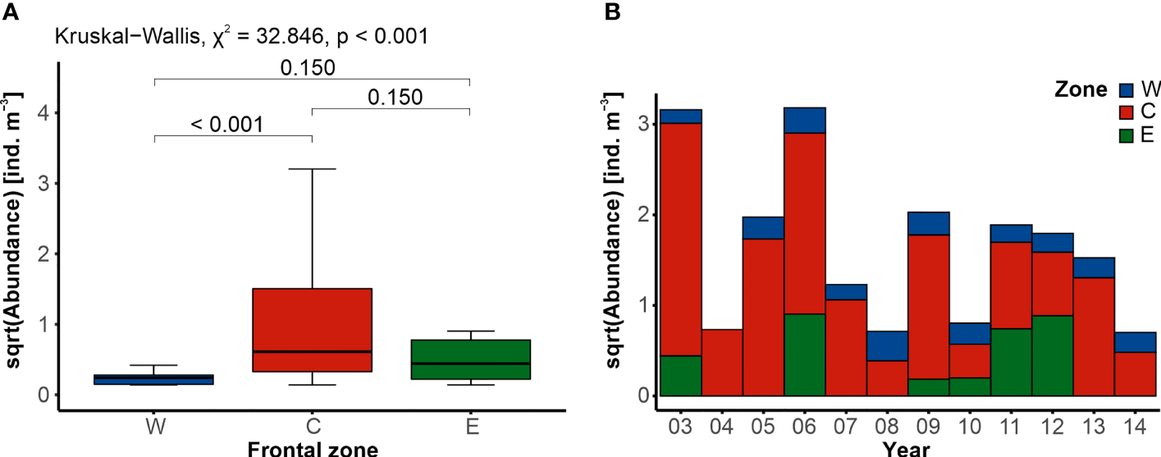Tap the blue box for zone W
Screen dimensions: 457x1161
(155, 379)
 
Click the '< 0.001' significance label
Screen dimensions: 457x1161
(227, 125)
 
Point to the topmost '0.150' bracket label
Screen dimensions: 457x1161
(308, 67)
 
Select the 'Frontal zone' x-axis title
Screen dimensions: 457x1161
(312, 448)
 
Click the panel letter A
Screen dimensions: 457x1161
(10, 11)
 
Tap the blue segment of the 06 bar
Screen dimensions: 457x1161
(804, 120)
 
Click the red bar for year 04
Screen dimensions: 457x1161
(721, 362)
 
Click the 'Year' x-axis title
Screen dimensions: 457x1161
(907, 448)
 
